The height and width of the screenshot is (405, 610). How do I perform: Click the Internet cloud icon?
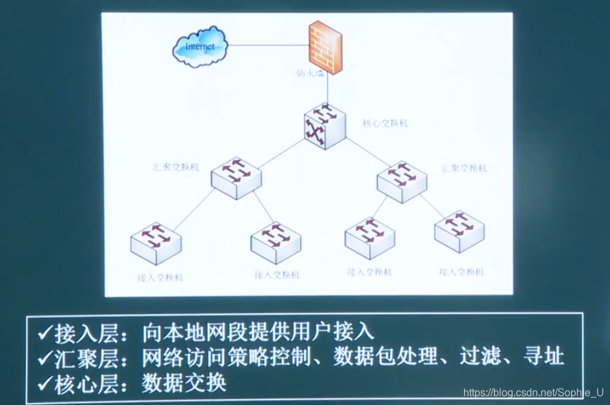201,48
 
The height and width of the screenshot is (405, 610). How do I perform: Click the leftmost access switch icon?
156,242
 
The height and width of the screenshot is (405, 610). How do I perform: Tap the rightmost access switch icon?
459,232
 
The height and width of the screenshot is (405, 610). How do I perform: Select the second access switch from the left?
276,241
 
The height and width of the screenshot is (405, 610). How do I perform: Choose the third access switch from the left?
369,238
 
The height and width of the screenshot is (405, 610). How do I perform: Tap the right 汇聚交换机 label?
464,168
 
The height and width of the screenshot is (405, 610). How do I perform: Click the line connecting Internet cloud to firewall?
269,45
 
